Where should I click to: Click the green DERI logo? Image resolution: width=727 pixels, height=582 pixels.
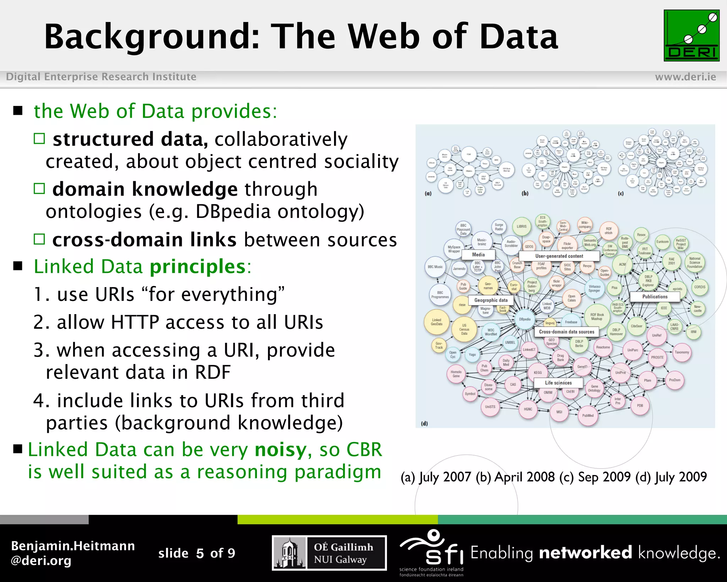tap(691, 36)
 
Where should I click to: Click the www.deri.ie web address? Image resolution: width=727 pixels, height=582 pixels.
tap(685, 77)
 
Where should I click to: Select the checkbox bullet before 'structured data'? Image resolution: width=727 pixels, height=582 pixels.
tap(39, 139)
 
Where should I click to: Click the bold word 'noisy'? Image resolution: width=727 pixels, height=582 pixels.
tap(280, 450)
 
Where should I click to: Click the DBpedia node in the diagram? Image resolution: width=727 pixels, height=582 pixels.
tap(525, 319)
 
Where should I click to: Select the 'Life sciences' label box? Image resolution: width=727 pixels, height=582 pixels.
tap(558, 383)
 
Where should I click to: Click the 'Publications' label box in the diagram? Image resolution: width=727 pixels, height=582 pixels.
tap(655, 296)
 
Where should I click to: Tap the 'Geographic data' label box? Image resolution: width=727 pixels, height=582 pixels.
tap(491, 300)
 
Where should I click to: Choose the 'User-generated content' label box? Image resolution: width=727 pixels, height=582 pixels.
tap(559, 256)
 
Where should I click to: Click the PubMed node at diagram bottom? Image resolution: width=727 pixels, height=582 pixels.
tap(587, 415)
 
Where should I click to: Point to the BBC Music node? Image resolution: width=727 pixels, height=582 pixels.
tap(435, 267)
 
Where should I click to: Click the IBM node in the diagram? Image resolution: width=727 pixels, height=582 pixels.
tap(693, 332)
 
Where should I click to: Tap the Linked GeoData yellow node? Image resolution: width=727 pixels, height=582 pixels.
tap(436, 322)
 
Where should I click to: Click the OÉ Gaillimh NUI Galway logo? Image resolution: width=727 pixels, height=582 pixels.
tap(329, 553)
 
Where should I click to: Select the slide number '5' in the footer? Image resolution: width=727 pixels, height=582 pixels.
tap(200, 553)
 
